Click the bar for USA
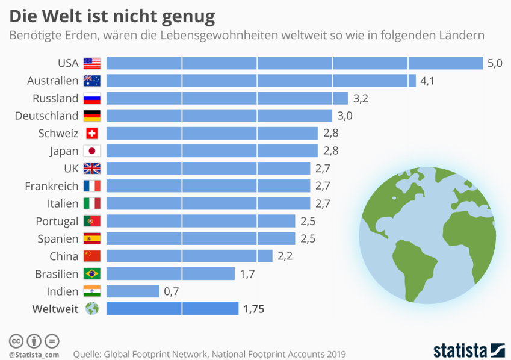(x=295, y=63)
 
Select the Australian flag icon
(x=92, y=81)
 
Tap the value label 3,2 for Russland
(x=361, y=98)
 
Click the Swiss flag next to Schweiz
(x=92, y=134)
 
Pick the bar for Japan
(x=212, y=151)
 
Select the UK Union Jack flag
(x=92, y=169)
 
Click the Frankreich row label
(x=51, y=186)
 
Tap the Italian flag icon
(x=92, y=203)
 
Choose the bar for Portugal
(x=200, y=221)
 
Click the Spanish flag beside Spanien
(x=92, y=238)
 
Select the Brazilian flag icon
(x=92, y=274)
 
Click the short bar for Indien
(x=132, y=291)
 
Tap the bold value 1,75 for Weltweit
(x=253, y=309)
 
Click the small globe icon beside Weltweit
(x=92, y=309)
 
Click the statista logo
(x=468, y=349)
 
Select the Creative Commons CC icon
(x=16, y=341)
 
